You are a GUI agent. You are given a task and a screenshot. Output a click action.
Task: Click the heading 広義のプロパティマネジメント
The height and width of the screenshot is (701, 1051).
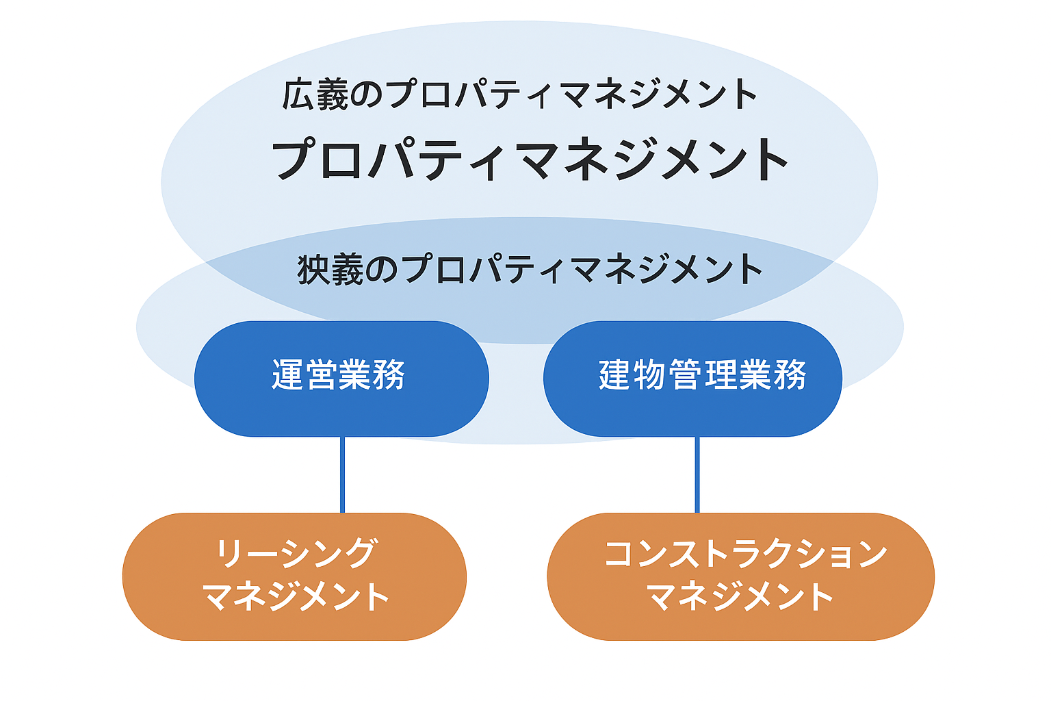click(519, 94)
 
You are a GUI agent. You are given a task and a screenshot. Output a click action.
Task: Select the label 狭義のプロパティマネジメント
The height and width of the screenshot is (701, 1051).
click(529, 268)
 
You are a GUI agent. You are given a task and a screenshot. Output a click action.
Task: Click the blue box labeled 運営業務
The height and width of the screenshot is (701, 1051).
click(341, 379)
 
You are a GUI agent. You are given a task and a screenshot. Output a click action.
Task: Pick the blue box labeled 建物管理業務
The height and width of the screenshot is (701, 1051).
click(692, 379)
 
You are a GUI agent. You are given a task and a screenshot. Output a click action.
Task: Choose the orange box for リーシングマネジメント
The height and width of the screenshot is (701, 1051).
click(294, 576)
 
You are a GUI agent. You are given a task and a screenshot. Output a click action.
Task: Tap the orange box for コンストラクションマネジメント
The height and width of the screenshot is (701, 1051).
click(740, 576)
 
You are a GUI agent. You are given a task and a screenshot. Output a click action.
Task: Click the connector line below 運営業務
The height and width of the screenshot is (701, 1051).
click(343, 474)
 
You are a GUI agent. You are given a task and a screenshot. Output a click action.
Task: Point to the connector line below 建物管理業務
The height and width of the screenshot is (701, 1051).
click(697, 474)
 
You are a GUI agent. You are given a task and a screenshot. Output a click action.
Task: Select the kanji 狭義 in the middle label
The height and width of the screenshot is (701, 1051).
click(330, 269)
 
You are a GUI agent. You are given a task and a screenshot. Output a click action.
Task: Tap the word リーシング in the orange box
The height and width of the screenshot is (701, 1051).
click(296, 553)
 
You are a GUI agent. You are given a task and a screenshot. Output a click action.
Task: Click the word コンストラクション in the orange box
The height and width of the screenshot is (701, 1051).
click(745, 553)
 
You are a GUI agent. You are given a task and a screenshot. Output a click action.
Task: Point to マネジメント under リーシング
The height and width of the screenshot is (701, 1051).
click(297, 596)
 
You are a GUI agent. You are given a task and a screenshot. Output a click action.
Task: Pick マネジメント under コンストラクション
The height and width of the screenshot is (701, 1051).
click(740, 596)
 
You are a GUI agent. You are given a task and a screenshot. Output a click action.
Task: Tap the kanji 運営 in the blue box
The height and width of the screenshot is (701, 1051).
click(305, 374)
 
